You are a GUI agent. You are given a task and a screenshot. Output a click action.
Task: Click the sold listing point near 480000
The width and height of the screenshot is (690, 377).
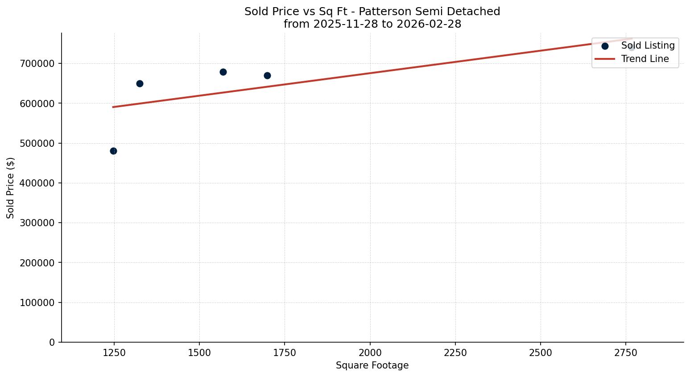coord(113,151)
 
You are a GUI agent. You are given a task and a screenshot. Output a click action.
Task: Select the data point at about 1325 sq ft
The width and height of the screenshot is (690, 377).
coord(140,83)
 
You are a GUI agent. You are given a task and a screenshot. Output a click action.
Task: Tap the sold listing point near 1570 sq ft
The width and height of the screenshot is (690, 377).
coord(223,72)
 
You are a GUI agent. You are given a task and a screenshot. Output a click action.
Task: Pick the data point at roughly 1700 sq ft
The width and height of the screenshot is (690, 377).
coord(267,75)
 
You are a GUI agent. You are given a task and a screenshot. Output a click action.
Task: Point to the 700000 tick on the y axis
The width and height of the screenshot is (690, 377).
coord(37,64)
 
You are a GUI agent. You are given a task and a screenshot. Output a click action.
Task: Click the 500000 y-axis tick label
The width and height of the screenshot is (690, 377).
coord(37,144)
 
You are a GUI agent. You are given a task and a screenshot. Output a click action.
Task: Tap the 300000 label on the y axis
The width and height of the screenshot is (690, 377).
coord(37,223)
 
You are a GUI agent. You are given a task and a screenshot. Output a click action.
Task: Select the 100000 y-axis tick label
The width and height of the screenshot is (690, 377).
coord(37,303)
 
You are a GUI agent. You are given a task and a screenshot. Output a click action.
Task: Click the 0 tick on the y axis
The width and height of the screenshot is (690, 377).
coord(52,343)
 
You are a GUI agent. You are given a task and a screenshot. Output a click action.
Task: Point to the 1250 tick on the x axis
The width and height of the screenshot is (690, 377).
coord(114,353)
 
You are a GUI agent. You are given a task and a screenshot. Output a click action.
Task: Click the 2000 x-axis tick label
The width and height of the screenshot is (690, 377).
coord(370,353)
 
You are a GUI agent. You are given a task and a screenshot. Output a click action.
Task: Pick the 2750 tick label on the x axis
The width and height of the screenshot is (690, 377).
coord(626,353)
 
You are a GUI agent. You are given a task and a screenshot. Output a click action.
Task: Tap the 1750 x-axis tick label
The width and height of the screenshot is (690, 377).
coord(285,353)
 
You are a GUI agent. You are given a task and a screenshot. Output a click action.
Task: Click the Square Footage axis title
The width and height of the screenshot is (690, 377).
coord(372,365)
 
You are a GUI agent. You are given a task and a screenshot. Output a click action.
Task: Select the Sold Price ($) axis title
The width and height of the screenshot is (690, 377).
coord(11,188)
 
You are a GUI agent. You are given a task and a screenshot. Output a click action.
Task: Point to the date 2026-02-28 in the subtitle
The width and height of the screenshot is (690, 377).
coord(429,24)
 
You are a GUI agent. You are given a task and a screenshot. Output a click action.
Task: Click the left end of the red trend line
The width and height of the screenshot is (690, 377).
coord(113,107)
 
